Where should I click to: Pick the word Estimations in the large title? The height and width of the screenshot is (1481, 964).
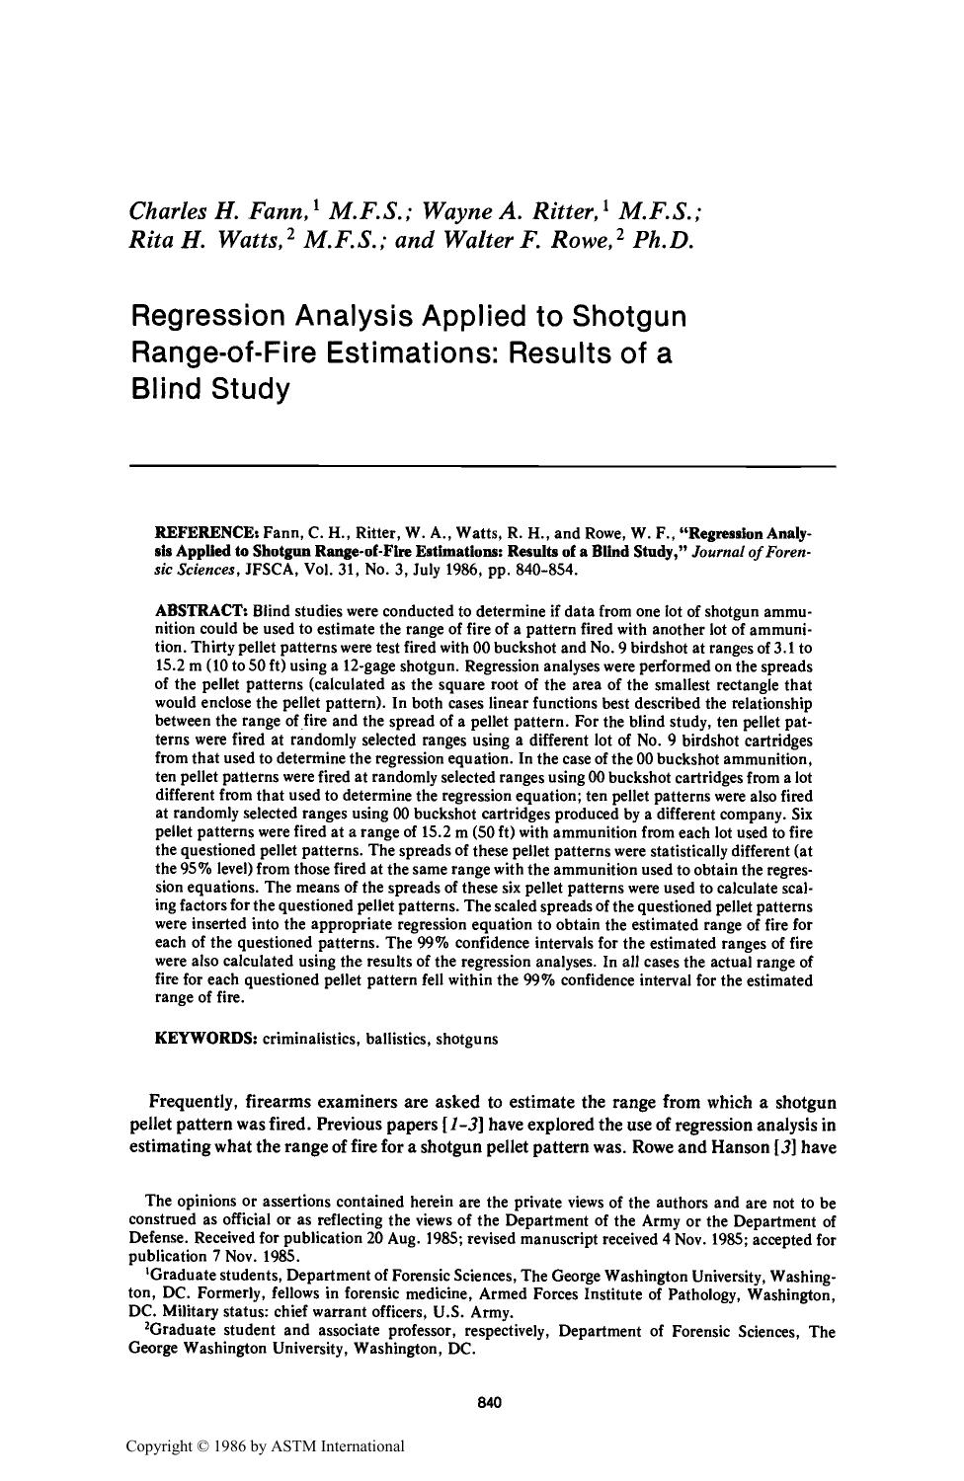tap(389, 352)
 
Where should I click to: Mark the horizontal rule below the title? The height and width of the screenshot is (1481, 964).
tap(482, 465)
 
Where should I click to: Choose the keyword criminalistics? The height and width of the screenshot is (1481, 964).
tap(310, 1039)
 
